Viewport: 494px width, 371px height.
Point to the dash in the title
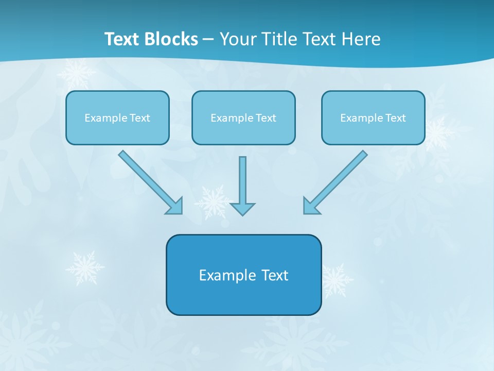tap(208, 40)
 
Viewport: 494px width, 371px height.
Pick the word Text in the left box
tap(140, 118)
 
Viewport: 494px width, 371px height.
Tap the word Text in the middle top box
tap(266, 118)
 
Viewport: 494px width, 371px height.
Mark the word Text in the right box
tap(396, 118)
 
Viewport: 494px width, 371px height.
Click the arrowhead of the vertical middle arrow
tap(242, 209)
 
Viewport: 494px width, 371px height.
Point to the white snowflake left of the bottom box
tap(84, 267)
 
